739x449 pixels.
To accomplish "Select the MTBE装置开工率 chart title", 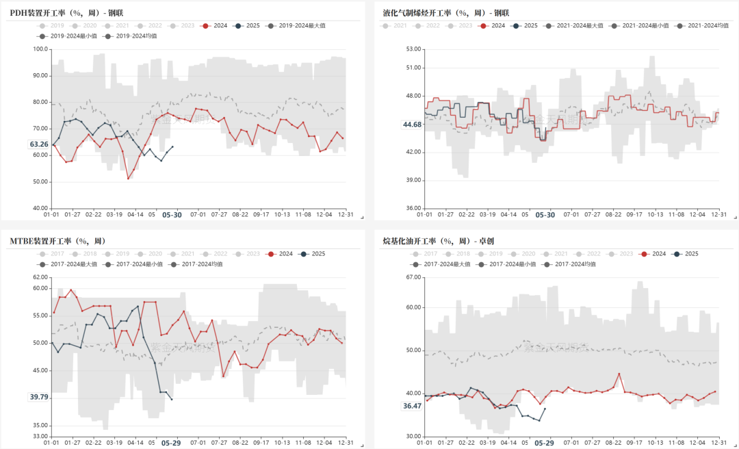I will [x=58, y=240].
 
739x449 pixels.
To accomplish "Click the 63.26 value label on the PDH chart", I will [x=39, y=144].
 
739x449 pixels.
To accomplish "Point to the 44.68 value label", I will [x=413, y=125].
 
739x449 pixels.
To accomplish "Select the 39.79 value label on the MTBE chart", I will [x=39, y=397].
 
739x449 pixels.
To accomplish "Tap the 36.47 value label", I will [x=413, y=406].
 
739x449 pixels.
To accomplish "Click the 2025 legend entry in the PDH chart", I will [x=247, y=25].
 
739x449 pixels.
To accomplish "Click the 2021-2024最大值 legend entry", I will [x=574, y=25].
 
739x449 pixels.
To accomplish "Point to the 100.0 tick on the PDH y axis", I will [x=40, y=49].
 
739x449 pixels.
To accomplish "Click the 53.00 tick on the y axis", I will [x=413, y=49].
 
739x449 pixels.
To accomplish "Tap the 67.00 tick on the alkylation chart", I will [x=413, y=277].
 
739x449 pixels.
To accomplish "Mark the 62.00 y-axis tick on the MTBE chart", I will [x=40, y=277].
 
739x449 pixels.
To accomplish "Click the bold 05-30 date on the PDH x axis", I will [x=171, y=214].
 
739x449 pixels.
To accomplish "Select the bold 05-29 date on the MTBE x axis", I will [x=171, y=443].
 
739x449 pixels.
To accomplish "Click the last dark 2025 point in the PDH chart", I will [x=172, y=146].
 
